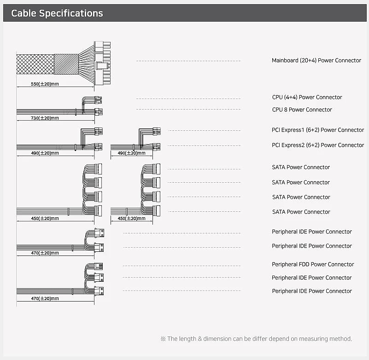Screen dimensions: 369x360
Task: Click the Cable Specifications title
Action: (57, 13)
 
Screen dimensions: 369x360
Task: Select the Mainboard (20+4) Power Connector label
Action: (316, 60)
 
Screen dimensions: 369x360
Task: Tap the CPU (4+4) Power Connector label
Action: (307, 97)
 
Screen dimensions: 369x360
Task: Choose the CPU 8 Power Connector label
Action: (302, 110)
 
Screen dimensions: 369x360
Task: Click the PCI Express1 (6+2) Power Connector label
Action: (318, 130)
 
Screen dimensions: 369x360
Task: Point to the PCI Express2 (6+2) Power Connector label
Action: (318, 145)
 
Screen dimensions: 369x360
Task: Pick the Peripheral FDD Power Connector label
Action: (313, 264)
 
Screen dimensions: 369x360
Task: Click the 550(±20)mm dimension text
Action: (45, 84)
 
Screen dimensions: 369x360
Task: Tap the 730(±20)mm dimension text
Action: (45, 118)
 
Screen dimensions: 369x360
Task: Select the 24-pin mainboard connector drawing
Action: (102, 63)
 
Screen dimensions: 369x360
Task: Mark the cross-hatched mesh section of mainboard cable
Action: (35, 64)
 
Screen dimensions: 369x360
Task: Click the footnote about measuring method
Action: (256, 339)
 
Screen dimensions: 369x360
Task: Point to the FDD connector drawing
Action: (99, 267)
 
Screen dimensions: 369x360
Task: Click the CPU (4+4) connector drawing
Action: (98, 100)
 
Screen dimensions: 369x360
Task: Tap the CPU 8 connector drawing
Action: (99, 111)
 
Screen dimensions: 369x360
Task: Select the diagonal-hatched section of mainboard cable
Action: (66, 64)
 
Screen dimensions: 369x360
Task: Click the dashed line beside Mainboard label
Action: (188, 61)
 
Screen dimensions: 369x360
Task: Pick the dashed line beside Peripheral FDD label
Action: (182, 266)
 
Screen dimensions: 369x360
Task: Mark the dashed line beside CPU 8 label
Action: (188, 110)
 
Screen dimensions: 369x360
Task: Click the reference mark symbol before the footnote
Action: (163, 339)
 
